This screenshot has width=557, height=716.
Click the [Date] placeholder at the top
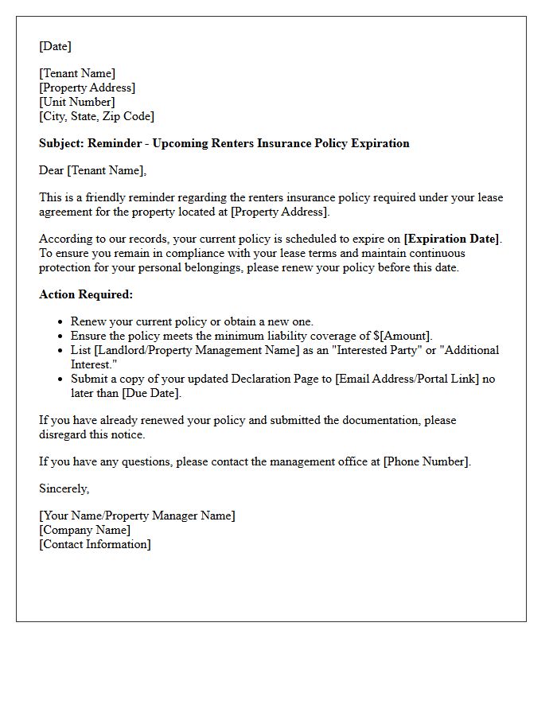pos(55,46)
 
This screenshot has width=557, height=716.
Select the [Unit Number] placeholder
pos(77,102)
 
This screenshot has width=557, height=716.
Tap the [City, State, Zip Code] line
pos(96,116)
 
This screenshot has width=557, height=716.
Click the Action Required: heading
pos(86,294)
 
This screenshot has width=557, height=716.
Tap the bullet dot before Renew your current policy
pos(60,322)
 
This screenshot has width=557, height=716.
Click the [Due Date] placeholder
pos(151,393)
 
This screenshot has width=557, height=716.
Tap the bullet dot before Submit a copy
pos(60,379)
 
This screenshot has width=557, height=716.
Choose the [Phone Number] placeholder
pos(426,461)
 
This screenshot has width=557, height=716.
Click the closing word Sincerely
pos(64,488)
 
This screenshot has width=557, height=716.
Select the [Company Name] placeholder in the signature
pos(85,530)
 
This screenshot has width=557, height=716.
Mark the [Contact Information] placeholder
pos(95,544)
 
